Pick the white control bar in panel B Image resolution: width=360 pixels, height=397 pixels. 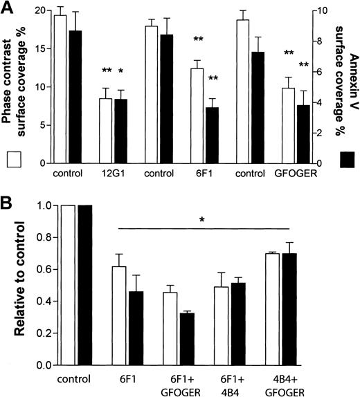pos(68,285)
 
